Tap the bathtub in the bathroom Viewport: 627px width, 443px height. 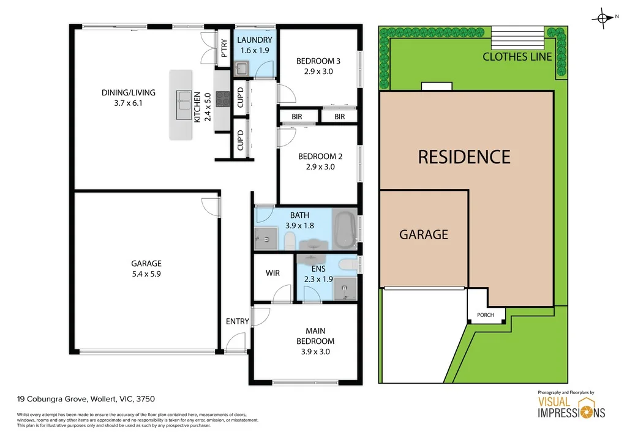point(345,228)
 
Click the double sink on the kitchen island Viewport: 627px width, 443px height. point(182,105)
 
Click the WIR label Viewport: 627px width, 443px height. point(272,273)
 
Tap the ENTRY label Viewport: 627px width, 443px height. point(238,321)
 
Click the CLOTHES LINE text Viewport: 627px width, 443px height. point(517,57)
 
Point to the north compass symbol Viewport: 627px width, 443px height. point(604,19)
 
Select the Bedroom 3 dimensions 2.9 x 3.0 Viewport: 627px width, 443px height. point(318,71)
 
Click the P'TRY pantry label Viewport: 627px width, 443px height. point(224,48)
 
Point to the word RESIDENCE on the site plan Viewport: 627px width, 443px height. point(464,157)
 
